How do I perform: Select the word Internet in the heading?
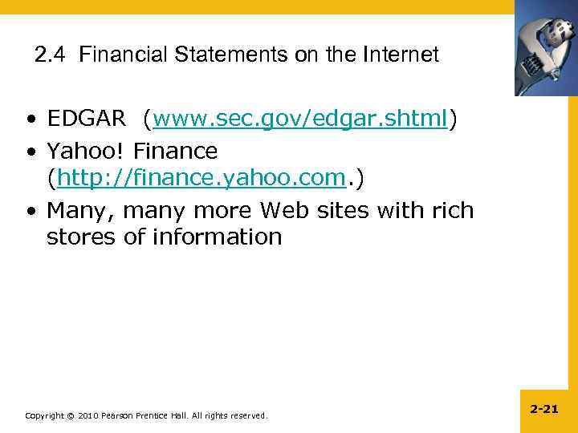[x=401, y=55]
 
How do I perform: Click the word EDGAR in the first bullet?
[x=87, y=119]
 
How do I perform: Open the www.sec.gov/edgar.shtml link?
[x=300, y=119]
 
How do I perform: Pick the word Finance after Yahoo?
[x=176, y=150]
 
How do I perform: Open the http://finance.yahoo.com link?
[x=201, y=180]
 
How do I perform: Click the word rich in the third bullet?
[x=452, y=211]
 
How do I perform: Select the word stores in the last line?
[x=82, y=237]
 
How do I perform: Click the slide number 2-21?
[x=544, y=409]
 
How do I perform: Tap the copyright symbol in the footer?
[x=71, y=415]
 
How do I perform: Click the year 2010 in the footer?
[x=88, y=415]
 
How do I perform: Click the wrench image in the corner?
[x=546, y=48]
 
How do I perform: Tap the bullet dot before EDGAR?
[x=29, y=121]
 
